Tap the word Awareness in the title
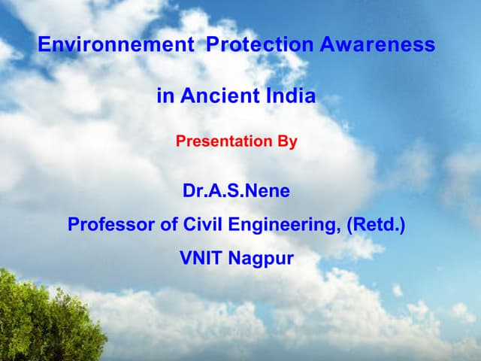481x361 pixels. [x=377, y=45]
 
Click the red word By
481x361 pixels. [x=287, y=141]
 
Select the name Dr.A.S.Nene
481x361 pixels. [x=236, y=191]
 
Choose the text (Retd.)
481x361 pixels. [x=375, y=225]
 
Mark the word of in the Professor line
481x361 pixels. [x=158, y=225]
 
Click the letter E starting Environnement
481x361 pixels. [x=44, y=45]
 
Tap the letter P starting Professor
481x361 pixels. [x=74, y=225]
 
